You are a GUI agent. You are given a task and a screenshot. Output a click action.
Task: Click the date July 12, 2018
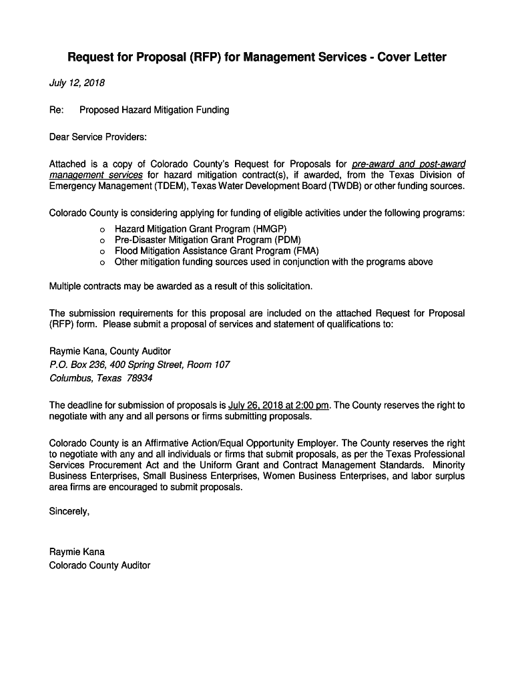coord(77,83)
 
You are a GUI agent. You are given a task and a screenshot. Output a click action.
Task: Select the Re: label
coord(56,110)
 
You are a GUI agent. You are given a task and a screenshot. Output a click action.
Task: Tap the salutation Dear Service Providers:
coord(97,137)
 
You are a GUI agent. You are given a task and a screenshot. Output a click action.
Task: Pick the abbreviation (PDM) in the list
coord(288,240)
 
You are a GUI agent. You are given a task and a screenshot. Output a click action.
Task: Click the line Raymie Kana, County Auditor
coord(110,351)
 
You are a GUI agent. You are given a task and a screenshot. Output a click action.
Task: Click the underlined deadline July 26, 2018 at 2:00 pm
coord(279,405)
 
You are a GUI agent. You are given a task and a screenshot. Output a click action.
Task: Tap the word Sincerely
coord(69,512)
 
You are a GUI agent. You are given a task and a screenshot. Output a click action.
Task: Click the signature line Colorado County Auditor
coord(100,565)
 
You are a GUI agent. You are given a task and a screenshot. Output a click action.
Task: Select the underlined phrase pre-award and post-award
coord(409,164)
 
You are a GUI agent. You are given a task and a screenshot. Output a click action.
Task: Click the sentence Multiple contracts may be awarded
coord(181,287)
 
